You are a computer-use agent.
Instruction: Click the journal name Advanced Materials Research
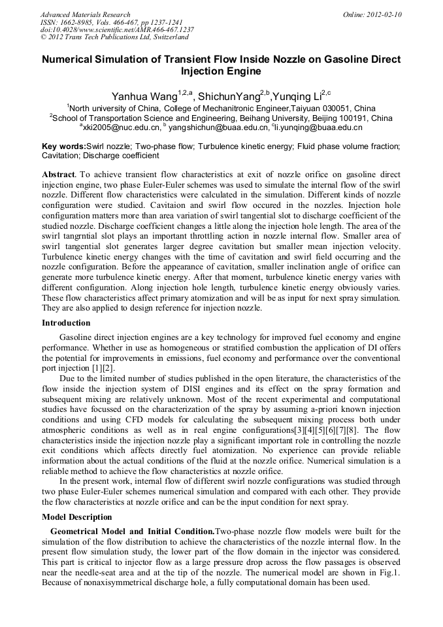coord(85,14)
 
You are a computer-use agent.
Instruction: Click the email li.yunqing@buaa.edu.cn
coord(319,128)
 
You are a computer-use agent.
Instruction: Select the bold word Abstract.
coord(59,176)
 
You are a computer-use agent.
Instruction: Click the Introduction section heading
coord(66,323)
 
